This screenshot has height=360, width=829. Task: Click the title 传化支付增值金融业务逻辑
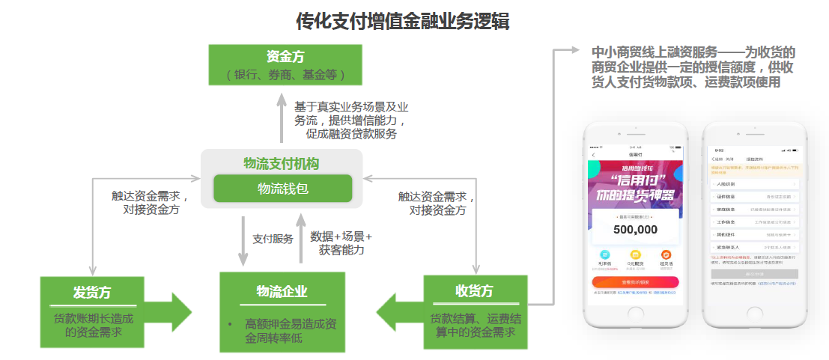pyautogui.click(x=403, y=21)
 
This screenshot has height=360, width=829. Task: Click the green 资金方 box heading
pyautogui.click(x=285, y=57)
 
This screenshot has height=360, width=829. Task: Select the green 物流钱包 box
pyautogui.click(x=282, y=189)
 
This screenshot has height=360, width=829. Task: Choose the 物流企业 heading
pyautogui.click(x=282, y=291)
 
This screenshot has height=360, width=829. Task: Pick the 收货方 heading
pyautogui.click(x=474, y=290)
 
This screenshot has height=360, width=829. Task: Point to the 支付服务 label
pyautogui.click(x=273, y=239)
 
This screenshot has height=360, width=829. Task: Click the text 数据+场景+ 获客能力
pyautogui.click(x=341, y=243)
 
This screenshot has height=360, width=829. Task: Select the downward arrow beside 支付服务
pyautogui.click(x=243, y=240)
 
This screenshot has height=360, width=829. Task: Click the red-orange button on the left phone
pyautogui.click(x=635, y=281)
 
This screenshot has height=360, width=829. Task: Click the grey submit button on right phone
pyautogui.click(x=754, y=274)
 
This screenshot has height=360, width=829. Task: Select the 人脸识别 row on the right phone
pyautogui.click(x=754, y=183)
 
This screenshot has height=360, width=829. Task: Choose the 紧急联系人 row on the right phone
pyautogui.click(x=754, y=246)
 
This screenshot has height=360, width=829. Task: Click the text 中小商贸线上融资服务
pyautogui.click(x=654, y=53)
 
